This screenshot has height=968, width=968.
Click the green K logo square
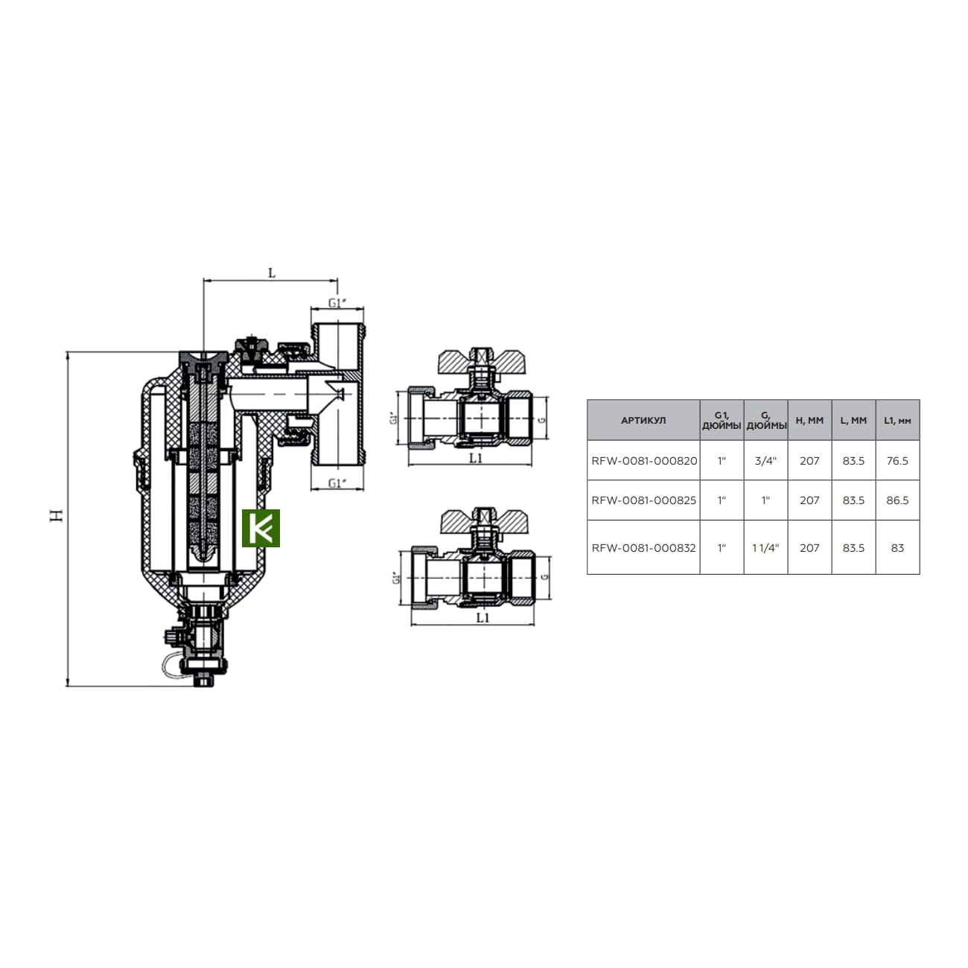(x=260, y=528)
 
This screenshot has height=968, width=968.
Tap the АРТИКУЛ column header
(x=643, y=421)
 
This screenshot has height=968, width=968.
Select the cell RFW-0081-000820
(x=643, y=461)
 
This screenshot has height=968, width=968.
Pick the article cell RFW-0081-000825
(x=643, y=500)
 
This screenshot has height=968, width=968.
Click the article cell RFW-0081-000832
(x=643, y=547)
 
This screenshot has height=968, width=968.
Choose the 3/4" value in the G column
(x=765, y=461)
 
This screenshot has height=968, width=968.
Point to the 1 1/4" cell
(x=765, y=547)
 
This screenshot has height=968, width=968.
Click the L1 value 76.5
(x=897, y=461)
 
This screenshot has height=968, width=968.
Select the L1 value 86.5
(x=897, y=500)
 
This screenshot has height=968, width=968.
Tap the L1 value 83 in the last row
(x=897, y=547)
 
